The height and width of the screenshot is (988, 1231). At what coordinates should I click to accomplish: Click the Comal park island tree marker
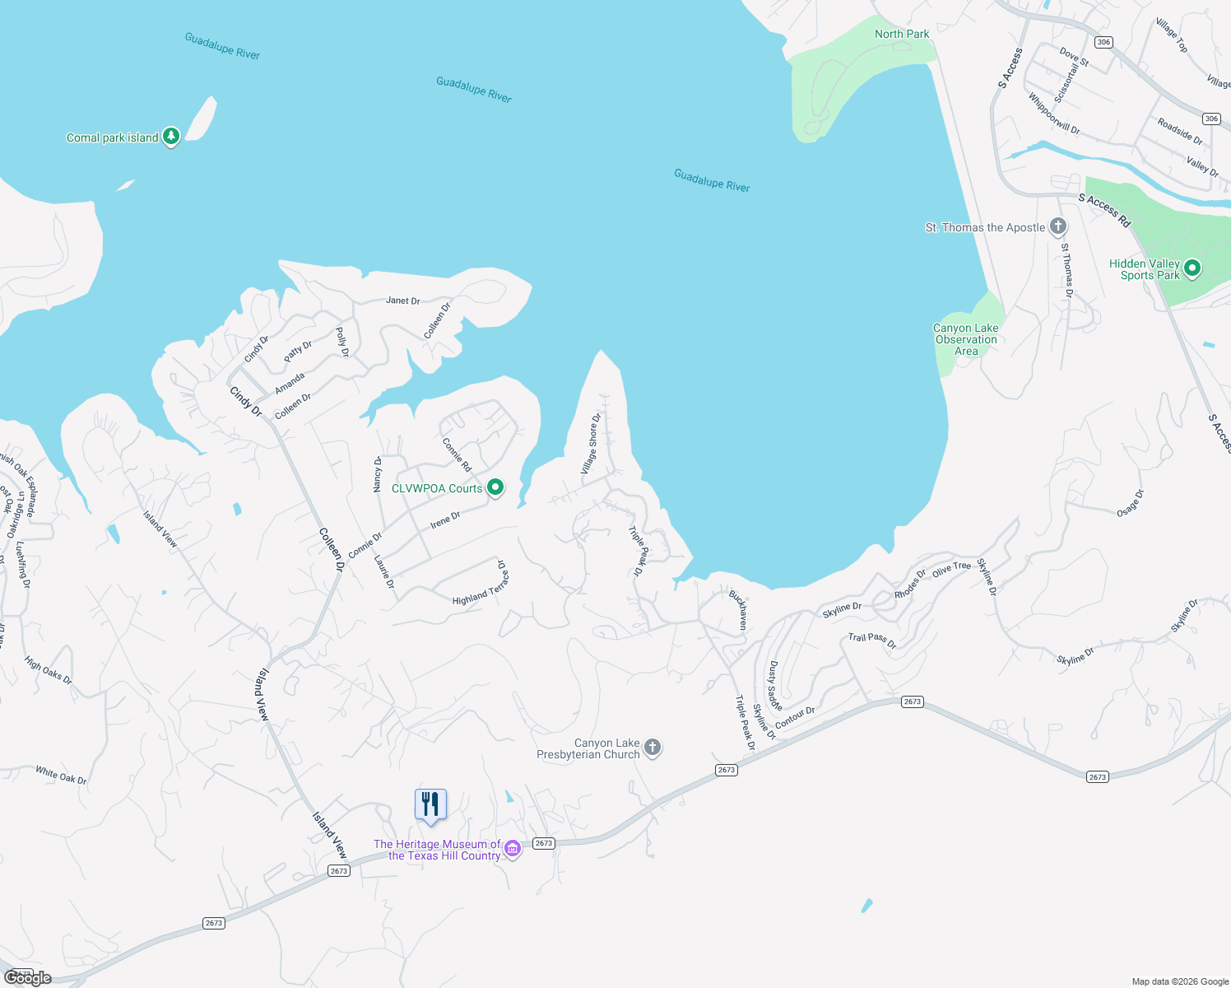click(171, 136)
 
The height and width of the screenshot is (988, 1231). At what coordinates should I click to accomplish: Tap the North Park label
click(901, 34)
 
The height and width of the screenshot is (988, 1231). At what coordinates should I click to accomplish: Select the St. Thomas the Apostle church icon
click(1058, 226)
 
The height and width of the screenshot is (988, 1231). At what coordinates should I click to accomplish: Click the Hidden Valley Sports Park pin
click(1192, 268)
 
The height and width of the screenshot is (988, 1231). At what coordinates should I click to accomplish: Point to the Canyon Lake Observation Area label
click(966, 339)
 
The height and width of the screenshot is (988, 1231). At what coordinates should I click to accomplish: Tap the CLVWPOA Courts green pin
click(495, 487)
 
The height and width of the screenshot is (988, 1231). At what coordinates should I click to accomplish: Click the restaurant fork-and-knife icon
click(430, 804)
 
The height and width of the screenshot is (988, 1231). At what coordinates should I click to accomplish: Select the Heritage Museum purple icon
click(513, 849)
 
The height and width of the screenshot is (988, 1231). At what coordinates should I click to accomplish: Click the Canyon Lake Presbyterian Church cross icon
click(653, 748)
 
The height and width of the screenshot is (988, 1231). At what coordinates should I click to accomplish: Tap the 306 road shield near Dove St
click(1103, 42)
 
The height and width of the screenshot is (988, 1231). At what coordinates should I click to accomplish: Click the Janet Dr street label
click(403, 301)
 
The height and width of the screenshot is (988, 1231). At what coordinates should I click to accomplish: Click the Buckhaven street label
click(739, 609)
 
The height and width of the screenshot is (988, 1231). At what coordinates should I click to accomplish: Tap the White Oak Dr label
click(61, 775)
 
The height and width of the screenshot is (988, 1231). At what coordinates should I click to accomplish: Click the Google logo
click(28, 977)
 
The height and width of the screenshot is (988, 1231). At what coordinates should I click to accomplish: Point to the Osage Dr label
click(1131, 503)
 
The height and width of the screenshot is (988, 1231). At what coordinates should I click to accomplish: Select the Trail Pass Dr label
click(872, 641)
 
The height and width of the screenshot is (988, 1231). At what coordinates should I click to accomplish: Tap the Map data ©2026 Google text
click(1180, 981)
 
